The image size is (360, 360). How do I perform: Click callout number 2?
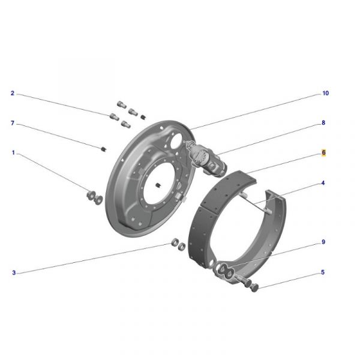(x=13, y=93)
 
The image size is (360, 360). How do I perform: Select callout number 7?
(x=13, y=123)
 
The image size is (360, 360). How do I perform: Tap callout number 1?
(x=13, y=152)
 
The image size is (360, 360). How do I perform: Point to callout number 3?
(x=14, y=273)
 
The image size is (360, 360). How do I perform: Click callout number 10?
(x=326, y=93)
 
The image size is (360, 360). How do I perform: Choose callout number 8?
(x=323, y=123)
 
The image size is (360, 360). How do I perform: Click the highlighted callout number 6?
(x=323, y=152)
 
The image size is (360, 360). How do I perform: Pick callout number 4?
(x=323, y=183)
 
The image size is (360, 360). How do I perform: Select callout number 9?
(x=323, y=242)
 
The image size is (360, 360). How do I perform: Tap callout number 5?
(x=323, y=272)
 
